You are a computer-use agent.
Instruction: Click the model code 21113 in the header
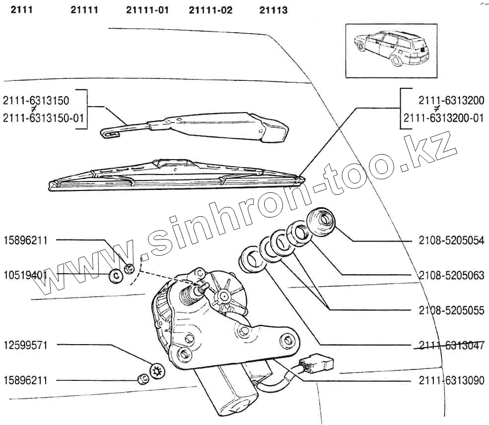(x=273, y=10)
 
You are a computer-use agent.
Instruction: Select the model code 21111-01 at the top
(x=147, y=10)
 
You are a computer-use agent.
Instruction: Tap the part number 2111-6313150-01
(x=44, y=118)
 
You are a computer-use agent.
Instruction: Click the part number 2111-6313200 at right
(x=451, y=101)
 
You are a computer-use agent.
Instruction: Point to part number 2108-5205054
(x=451, y=241)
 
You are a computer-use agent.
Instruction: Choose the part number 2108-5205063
(x=451, y=276)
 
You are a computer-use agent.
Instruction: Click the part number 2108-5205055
(x=451, y=310)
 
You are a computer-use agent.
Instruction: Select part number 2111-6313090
(x=451, y=381)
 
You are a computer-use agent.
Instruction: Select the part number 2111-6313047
(x=451, y=345)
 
